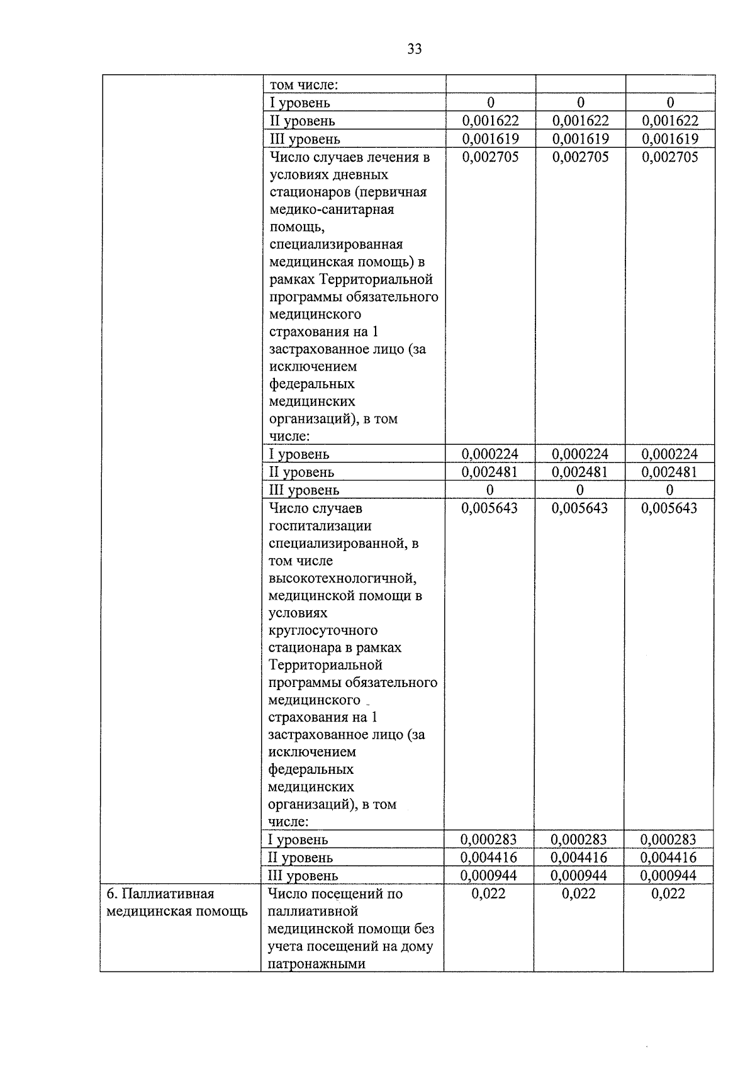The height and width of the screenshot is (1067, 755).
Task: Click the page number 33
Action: [414, 49]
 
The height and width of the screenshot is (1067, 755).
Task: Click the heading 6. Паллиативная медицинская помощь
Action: [177, 902]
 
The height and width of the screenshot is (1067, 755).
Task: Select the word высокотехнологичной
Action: [342, 578]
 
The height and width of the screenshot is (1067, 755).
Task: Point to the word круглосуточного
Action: [323, 630]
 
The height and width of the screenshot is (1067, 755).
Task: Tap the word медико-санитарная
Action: [332, 209]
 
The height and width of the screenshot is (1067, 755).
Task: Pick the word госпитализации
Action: [320, 525]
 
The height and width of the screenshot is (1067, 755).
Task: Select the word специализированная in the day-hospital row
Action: [336, 243]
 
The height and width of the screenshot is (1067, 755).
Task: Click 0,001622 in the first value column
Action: [490, 120]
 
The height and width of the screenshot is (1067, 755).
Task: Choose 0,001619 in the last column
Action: [669, 138]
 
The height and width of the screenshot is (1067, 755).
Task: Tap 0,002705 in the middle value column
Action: [580, 157]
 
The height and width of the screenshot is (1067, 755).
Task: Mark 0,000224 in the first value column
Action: [489, 454]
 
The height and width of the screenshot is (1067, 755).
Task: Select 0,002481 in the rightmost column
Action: [669, 472]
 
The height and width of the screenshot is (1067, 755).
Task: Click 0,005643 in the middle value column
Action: [579, 508]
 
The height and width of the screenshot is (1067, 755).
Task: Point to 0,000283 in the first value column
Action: [488, 839]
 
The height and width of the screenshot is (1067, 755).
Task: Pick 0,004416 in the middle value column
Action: [579, 857]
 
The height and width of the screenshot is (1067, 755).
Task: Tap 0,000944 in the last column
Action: [668, 875]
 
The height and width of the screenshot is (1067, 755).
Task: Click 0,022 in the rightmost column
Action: [668, 893]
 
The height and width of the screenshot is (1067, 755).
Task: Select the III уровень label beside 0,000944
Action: [303, 876]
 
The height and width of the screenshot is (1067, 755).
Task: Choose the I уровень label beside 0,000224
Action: [299, 454]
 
